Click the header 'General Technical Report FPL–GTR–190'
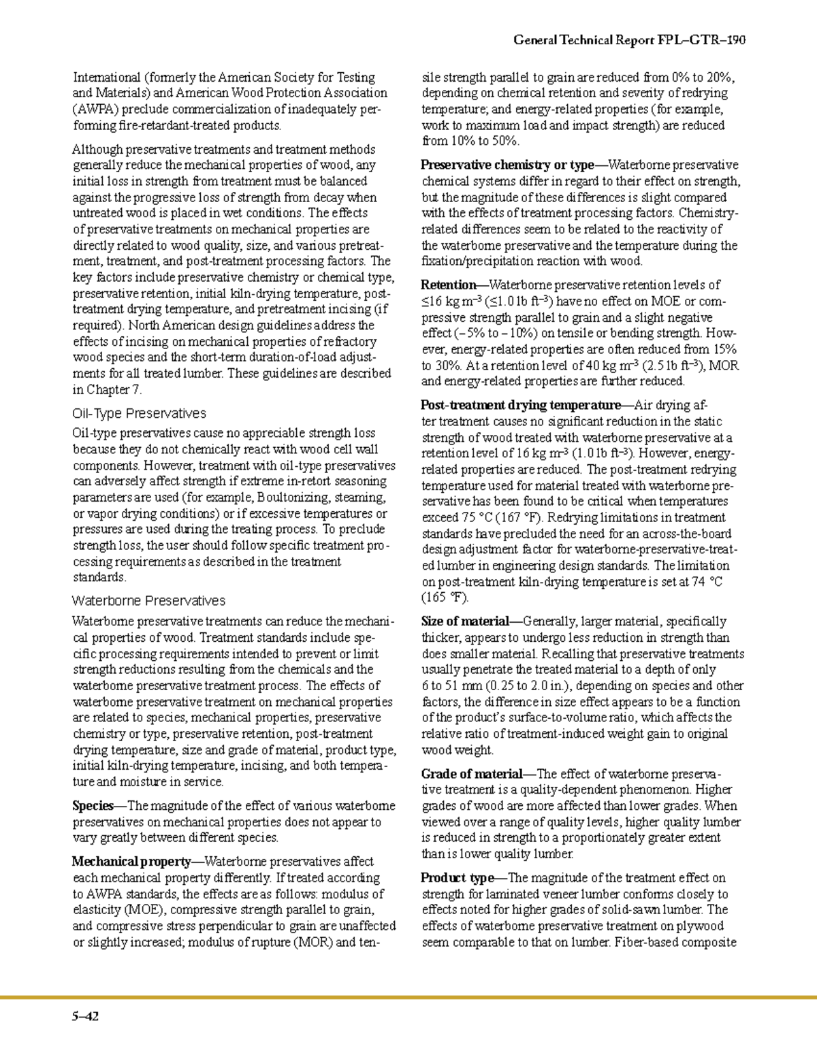click(x=629, y=40)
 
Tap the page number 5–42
click(x=86, y=1017)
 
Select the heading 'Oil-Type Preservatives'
click(x=139, y=413)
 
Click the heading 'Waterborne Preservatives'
click(x=148, y=601)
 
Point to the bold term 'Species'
click(x=93, y=806)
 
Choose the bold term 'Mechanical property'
click(x=132, y=862)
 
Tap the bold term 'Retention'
click(x=448, y=285)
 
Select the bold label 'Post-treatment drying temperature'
click(x=521, y=405)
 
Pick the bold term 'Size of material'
click(x=464, y=621)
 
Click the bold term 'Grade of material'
click(x=471, y=774)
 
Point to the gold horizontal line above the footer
click(x=408, y=998)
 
